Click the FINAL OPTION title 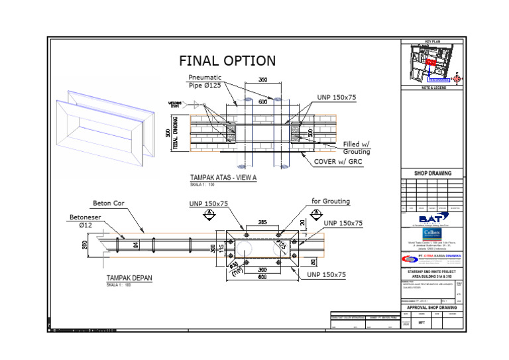[227, 61]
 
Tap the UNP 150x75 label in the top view [336, 97]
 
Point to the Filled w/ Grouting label [357, 148]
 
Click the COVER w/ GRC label [342, 162]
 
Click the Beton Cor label [109, 203]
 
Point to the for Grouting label [331, 201]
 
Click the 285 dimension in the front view [262, 223]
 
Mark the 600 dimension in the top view [263, 102]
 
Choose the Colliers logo [431, 235]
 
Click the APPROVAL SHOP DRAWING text [431, 308]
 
